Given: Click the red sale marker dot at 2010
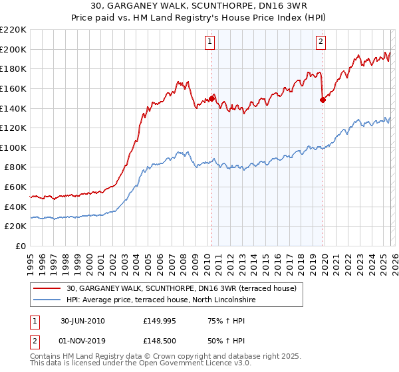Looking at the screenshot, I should (212, 98).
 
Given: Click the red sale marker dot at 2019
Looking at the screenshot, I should (323, 100).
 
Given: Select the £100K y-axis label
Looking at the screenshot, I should (13, 147).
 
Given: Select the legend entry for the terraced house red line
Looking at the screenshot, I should (185, 288).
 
